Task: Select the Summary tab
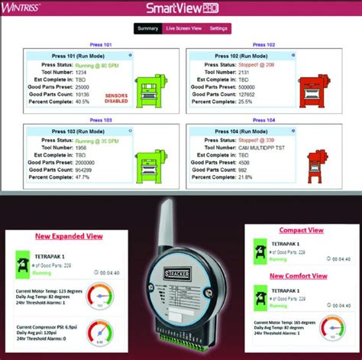[147, 29]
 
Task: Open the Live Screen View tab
[183, 29]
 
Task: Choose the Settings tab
[218, 29]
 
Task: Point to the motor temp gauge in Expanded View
[99, 296]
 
